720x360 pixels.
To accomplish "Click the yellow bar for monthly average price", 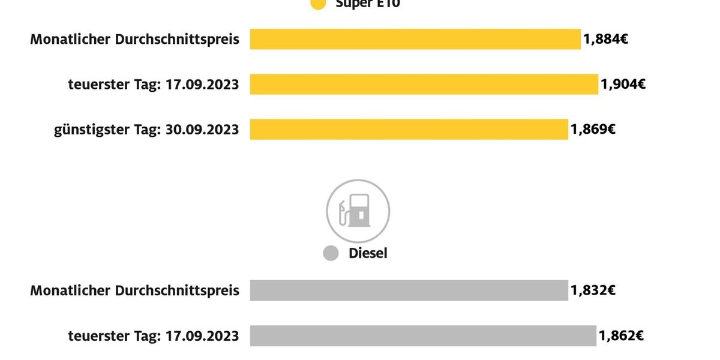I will click(x=415, y=40).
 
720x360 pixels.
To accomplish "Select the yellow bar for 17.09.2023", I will click(x=424, y=85).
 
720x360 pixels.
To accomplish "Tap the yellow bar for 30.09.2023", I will click(x=409, y=130).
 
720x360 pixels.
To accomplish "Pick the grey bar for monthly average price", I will click(x=409, y=290).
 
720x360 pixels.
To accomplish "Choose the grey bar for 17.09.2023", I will click(x=423, y=336).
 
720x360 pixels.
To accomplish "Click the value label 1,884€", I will click(x=605, y=40).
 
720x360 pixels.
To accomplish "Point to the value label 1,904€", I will click(x=623, y=85).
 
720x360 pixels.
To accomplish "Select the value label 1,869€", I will click(x=593, y=130).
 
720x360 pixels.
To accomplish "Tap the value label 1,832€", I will click(x=593, y=290).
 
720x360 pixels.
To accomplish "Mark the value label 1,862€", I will click(x=622, y=336).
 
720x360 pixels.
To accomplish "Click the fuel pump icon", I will click(x=358, y=211).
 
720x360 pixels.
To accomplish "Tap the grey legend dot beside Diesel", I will click(x=331, y=253).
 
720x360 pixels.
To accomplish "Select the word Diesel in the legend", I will click(x=368, y=253).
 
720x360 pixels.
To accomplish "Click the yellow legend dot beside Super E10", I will click(x=318, y=3).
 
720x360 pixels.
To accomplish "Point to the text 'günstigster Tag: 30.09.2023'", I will click(x=146, y=130).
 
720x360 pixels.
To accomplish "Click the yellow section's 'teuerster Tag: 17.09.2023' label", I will click(x=154, y=85).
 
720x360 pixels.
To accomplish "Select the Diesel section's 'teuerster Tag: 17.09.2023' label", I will click(x=154, y=336).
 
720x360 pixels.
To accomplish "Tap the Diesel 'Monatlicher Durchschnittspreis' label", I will click(x=135, y=290).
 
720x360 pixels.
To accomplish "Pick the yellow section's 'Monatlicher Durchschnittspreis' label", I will click(x=135, y=40).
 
